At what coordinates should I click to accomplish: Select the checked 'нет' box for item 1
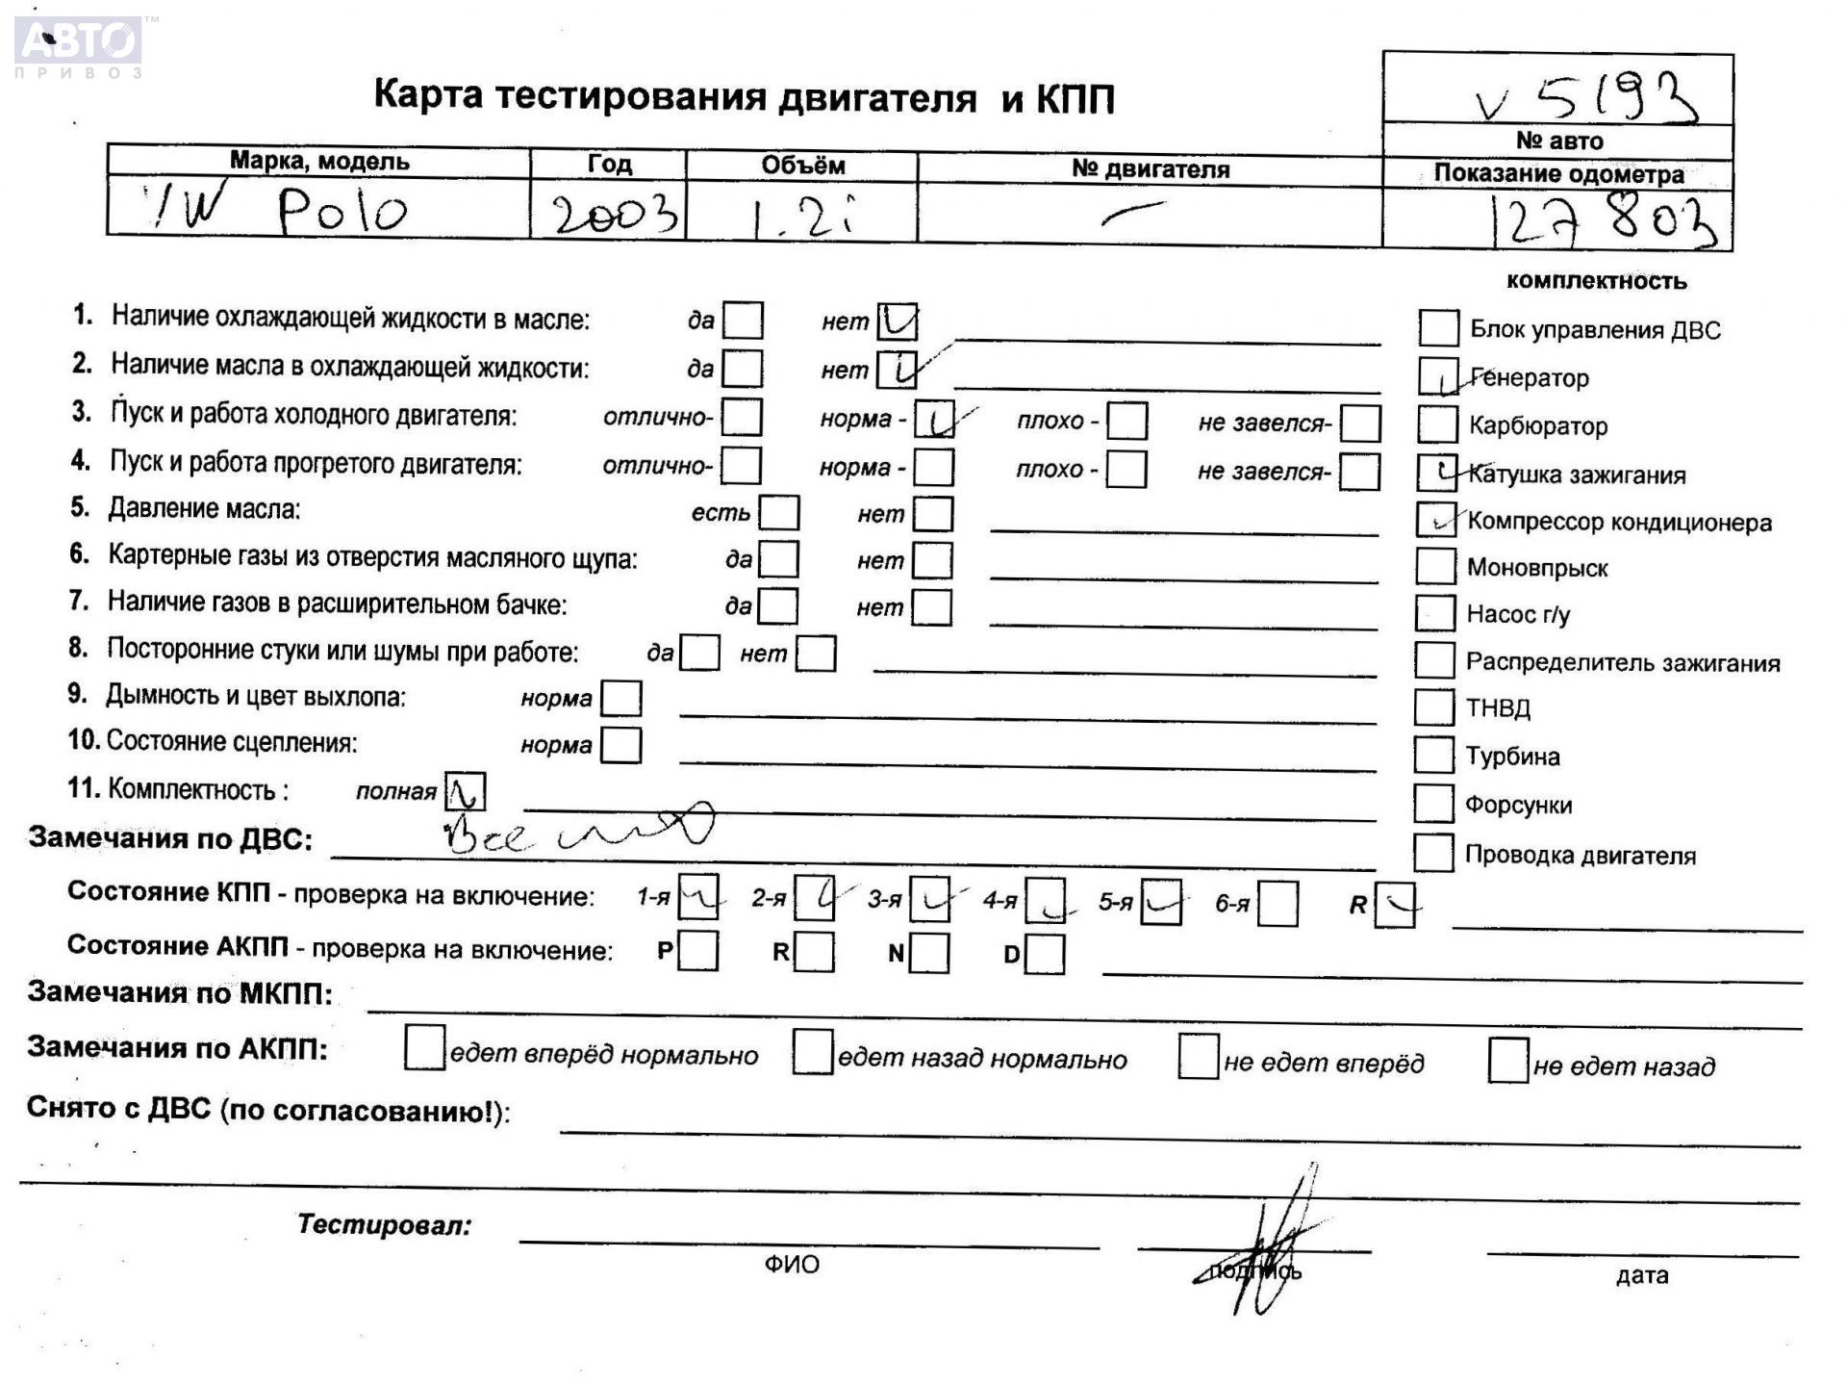tap(898, 321)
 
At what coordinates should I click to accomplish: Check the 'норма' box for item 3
tap(934, 420)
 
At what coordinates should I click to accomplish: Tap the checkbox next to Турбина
tap(1433, 755)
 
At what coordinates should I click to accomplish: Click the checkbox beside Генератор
tap(1438, 376)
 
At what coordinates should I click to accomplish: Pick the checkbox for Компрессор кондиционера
tap(1436, 520)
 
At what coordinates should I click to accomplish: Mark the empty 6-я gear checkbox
tap(1278, 904)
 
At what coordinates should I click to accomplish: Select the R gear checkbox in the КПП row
tap(1395, 905)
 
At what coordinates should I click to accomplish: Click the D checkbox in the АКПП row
tap(1046, 954)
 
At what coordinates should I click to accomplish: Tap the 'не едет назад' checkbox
tap(1507, 1060)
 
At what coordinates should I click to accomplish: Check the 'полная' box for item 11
tap(466, 792)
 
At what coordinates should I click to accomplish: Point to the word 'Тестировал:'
tap(384, 1224)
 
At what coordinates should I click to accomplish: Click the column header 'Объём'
tap(802, 166)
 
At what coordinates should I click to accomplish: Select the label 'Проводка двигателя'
tap(1580, 855)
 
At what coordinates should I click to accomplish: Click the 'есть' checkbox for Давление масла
tap(778, 512)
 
